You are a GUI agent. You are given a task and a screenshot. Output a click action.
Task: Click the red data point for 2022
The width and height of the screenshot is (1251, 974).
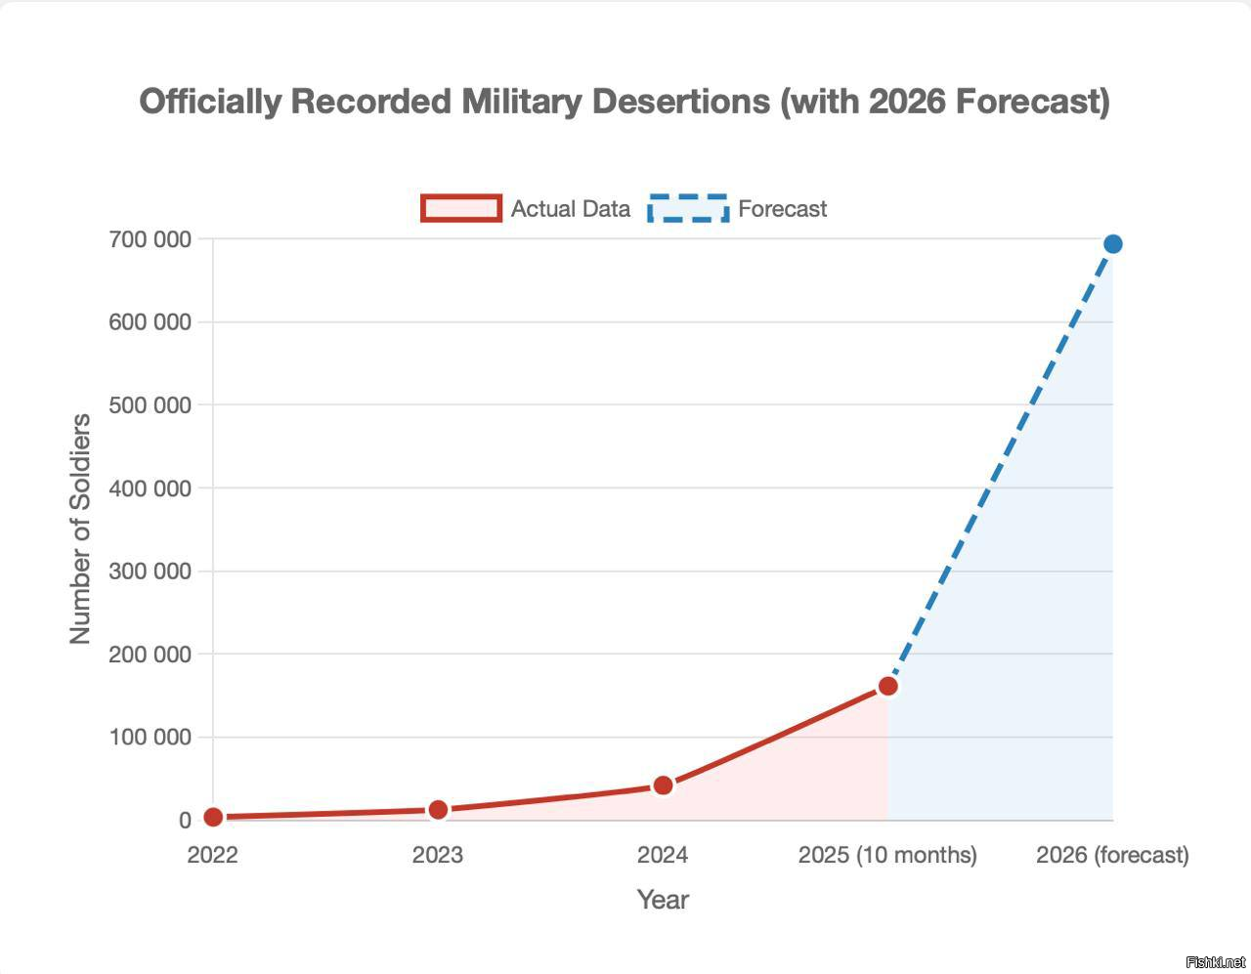(213, 817)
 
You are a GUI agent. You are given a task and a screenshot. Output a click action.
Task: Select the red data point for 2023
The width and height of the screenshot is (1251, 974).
(438, 809)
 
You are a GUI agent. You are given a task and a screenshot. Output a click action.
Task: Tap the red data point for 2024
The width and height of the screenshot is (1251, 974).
(663, 785)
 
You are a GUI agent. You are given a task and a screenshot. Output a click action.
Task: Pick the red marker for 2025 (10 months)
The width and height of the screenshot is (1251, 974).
(887, 686)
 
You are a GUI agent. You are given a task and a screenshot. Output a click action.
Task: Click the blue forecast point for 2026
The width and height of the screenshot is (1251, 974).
(1112, 243)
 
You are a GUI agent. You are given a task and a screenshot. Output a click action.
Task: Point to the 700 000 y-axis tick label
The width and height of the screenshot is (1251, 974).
(150, 239)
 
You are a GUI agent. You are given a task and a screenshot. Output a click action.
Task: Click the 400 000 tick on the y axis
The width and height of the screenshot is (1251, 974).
(150, 487)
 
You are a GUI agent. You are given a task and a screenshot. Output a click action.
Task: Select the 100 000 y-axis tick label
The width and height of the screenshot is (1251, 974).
(150, 737)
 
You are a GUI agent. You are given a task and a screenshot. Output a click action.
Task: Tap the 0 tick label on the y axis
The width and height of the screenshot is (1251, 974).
(185, 821)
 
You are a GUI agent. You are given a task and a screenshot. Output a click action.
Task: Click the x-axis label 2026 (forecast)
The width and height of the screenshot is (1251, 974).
(1112, 855)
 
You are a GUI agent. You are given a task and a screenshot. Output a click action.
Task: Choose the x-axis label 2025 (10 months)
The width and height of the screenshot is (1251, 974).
(887, 855)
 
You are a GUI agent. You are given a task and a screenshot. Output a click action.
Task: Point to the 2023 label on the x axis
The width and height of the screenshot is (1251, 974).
(438, 855)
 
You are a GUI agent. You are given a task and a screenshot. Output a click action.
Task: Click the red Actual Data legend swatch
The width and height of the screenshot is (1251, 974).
(461, 208)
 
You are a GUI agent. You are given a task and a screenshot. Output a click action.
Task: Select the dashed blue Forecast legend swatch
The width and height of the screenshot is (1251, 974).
(688, 208)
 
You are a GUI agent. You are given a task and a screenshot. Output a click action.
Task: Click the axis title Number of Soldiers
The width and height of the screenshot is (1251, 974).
(80, 529)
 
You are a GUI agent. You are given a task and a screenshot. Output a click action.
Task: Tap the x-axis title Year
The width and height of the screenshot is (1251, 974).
(663, 900)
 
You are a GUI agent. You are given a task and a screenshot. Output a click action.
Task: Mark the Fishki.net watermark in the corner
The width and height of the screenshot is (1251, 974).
(1215, 962)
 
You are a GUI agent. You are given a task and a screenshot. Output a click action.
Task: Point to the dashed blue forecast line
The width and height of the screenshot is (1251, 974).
(1000, 465)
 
